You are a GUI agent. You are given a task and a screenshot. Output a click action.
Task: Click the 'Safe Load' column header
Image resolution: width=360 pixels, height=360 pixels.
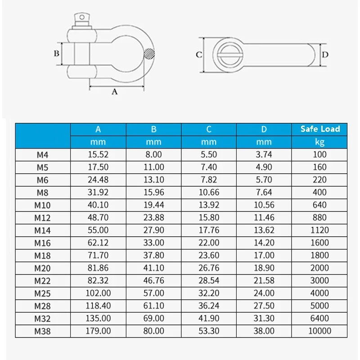click(320, 129)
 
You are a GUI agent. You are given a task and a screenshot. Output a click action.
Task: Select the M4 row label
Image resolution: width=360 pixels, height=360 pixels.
click(43, 155)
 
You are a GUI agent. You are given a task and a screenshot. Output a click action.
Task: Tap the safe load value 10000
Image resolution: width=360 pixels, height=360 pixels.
click(320, 331)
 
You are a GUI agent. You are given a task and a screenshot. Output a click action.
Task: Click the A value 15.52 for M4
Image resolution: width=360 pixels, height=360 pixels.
click(98, 155)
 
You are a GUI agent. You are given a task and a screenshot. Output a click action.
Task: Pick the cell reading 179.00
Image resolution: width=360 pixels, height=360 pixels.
click(98, 331)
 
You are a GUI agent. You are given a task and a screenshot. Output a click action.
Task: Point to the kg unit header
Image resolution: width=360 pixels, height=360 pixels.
click(320, 142)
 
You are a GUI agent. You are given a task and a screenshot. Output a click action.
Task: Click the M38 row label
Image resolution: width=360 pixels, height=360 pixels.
click(43, 331)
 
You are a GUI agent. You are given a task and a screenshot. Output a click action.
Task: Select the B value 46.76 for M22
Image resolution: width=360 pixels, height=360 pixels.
click(153, 280)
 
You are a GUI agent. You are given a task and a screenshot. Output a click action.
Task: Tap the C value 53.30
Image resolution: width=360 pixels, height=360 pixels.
click(209, 331)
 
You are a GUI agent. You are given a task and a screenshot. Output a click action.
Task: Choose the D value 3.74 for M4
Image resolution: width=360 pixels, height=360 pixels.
click(264, 155)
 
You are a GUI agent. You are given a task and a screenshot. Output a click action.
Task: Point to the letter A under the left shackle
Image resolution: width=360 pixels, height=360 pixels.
click(114, 92)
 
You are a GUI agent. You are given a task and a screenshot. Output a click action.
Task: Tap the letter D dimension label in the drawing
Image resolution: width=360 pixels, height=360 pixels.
click(326, 55)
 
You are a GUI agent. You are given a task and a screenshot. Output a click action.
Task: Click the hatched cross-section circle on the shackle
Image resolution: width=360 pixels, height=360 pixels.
click(148, 54)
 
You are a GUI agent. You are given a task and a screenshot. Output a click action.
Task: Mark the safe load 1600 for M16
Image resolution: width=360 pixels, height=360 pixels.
click(320, 243)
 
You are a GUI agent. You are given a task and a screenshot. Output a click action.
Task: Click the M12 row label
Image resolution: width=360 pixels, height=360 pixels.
click(43, 217)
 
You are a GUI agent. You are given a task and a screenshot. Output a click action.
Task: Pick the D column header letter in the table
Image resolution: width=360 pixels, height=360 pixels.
click(264, 129)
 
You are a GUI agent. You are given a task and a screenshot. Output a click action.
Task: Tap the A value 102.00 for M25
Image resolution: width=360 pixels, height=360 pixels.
click(98, 293)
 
